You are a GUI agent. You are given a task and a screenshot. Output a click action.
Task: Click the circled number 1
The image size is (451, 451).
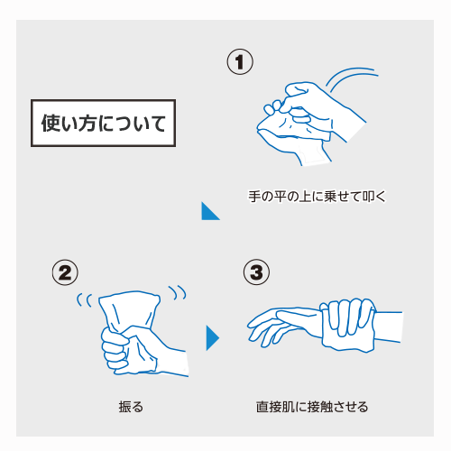[x=240, y=61]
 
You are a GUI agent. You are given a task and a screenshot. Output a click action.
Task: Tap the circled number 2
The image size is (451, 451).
[x=65, y=272]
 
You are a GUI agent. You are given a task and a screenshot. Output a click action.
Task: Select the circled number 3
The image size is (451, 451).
[x=256, y=272]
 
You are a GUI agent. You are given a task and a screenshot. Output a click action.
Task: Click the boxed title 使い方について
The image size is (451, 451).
[x=103, y=123]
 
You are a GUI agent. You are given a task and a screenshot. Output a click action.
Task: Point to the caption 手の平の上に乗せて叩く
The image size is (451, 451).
[x=317, y=197]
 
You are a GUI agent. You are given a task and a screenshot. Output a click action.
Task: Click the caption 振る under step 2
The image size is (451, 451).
[x=131, y=407]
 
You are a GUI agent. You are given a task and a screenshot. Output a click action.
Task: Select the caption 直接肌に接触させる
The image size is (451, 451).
[x=312, y=407]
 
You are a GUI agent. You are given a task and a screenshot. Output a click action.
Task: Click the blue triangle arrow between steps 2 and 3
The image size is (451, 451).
[x=213, y=338]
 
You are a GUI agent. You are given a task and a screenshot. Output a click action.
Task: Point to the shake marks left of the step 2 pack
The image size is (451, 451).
[x=84, y=300]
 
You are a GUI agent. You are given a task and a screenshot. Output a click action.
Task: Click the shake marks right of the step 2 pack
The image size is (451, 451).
[x=178, y=292]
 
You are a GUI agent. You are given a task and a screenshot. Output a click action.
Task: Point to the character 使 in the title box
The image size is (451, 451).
[x=51, y=124]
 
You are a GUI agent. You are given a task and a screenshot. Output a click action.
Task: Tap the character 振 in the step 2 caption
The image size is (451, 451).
[x=125, y=407]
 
